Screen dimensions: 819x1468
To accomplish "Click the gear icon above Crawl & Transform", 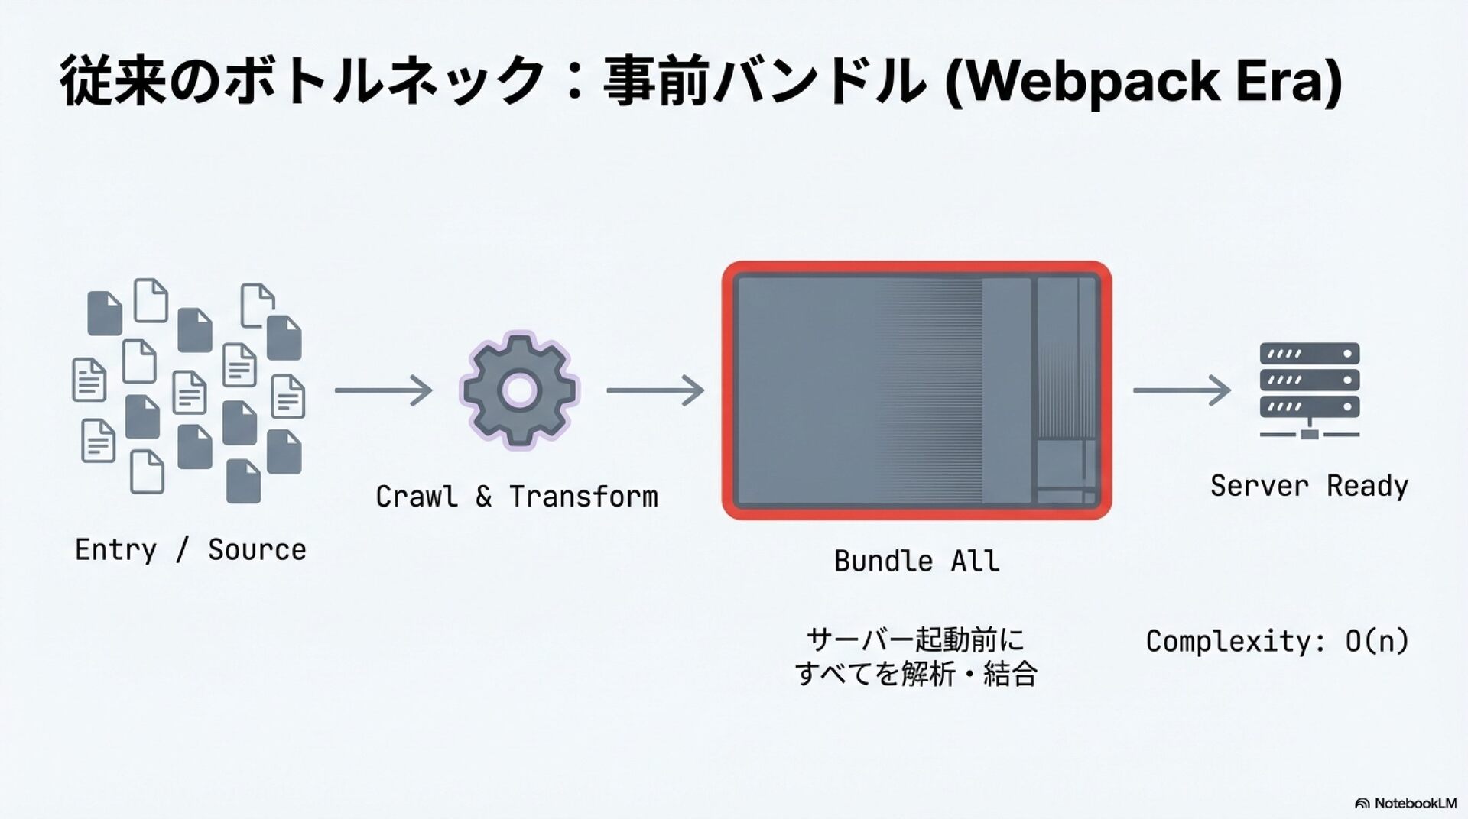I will pyautogui.click(x=519, y=390).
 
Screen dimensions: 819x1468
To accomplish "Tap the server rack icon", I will pyautogui.click(x=1309, y=390).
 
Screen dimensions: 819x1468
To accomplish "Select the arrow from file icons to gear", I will pyautogui.click(x=383, y=390).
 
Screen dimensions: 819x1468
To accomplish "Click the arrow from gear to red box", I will pyautogui.click(x=655, y=390).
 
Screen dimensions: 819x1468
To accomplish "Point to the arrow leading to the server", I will pyautogui.click(x=1181, y=390).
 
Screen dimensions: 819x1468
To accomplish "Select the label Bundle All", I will pyautogui.click(x=916, y=562).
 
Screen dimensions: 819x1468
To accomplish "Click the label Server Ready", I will pyautogui.click(x=1309, y=486).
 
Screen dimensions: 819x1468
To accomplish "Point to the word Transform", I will pyautogui.click(x=583, y=497).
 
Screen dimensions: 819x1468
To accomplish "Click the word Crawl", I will pyautogui.click(x=417, y=497).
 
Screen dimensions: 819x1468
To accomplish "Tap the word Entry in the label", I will pyautogui.click(x=115, y=550).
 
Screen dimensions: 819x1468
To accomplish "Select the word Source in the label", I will pyautogui.click(x=257, y=550).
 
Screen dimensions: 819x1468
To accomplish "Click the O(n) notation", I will pyautogui.click(x=1376, y=641).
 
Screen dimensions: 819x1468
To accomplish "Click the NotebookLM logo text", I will pyautogui.click(x=1414, y=803).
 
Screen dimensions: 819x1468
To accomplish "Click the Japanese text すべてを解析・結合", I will pyautogui.click(x=915, y=674).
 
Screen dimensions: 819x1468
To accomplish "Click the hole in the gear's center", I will pyautogui.click(x=519, y=390).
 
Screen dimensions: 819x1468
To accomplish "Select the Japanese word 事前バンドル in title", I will pyautogui.click(x=765, y=81).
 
